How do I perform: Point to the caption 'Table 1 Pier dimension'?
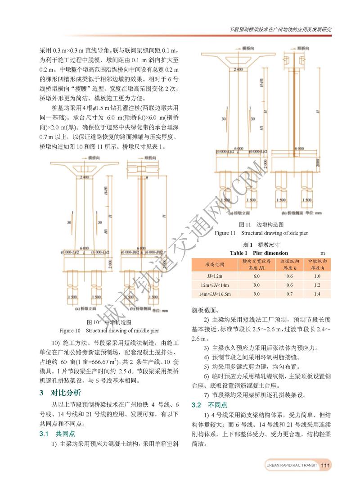259,253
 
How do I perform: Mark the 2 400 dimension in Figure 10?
84,177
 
